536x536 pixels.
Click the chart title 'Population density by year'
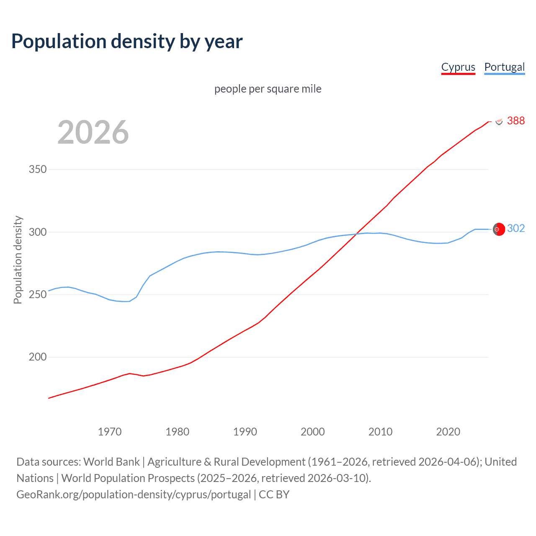(127, 41)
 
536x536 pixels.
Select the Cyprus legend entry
(458, 67)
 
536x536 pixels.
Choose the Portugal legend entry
(504, 67)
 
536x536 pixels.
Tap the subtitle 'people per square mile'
(268, 89)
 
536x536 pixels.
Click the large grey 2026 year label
(93, 132)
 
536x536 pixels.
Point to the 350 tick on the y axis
(37, 170)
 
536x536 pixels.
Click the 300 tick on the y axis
(37, 232)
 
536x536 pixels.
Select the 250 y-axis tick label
(37, 294)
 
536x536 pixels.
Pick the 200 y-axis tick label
(37, 357)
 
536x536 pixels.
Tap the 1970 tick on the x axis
(110, 432)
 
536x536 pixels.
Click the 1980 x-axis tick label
(178, 432)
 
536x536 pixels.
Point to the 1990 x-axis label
(245, 432)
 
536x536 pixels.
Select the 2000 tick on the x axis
(313, 432)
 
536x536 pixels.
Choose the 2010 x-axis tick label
(380, 432)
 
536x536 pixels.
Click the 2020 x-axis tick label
(448, 432)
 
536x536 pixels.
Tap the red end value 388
(515, 121)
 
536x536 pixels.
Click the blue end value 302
(515, 228)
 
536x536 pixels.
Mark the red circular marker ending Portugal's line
(498, 229)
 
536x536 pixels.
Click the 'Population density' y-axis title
(18, 260)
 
